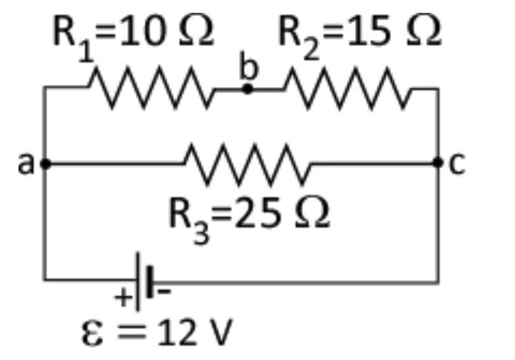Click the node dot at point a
pyautogui.click(x=45, y=164)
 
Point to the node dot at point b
pyautogui.click(x=248, y=89)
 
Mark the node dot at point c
pyautogui.click(x=438, y=163)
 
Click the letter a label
pyautogui.click(x=25, y=164)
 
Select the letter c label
pyautogui.click(x=458, y=164)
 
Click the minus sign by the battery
pyautogui.click(x=164, y=293)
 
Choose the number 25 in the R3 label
pyautogui.click(x=254, y=215)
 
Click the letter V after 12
pyautogui.click(x=217, y=334)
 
